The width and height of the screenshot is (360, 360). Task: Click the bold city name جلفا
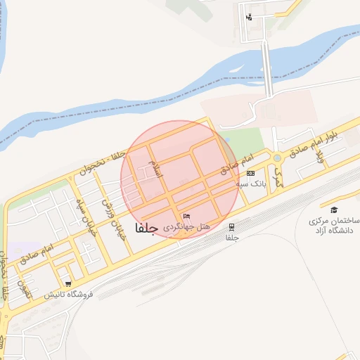[x=143, y=228]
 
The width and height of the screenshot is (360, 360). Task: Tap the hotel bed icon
[x=186, y=216]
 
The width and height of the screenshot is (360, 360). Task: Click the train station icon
[x=231, y=226]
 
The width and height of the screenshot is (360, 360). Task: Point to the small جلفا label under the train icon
[x=232, y=238]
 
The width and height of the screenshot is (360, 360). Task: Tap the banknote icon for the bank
[x=251, y=172]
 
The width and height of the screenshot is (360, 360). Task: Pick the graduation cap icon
[x=333, y=210]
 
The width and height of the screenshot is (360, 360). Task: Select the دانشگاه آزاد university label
[x=333, y=226]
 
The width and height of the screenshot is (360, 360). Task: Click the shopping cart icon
[x=67, y=284]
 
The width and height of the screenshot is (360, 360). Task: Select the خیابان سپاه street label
[x=82, y=203]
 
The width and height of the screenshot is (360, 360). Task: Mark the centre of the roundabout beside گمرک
[x=278, y=157]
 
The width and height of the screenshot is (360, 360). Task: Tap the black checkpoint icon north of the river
[x=249, y=18]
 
